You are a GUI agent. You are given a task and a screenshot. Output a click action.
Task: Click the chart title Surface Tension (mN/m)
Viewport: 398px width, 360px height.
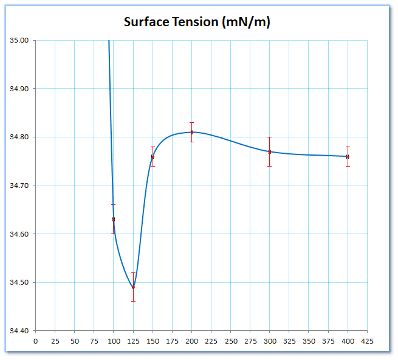[x=197, y=22]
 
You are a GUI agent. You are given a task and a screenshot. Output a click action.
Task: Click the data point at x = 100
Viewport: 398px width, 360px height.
[x=114, y=220]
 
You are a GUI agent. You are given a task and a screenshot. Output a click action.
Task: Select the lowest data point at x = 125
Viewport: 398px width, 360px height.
[x=133, y=287]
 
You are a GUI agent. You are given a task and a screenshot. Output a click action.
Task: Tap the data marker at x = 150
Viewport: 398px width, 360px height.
[x=153, y=157]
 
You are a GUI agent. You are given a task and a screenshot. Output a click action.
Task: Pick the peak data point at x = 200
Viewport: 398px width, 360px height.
[x=191, y=132]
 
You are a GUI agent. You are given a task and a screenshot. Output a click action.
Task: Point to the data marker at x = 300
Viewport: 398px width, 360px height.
[x=269, y=151]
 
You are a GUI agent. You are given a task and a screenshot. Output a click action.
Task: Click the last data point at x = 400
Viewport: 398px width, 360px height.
[x=348, y=157]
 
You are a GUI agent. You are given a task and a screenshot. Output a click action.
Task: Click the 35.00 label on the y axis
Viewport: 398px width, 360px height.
[x=19, y=41]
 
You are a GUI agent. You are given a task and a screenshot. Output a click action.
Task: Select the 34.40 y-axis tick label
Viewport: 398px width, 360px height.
[x=19, y=331]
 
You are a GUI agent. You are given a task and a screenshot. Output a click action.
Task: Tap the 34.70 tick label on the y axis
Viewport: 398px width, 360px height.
[x=19, y=185]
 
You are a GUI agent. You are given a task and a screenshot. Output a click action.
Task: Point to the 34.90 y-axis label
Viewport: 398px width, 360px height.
[x=19, y=89]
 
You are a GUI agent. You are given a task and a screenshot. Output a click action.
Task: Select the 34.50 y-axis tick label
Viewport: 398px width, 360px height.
[x=19, y=282]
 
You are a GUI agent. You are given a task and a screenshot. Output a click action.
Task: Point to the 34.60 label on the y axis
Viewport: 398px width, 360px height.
[x=19, y=234]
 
